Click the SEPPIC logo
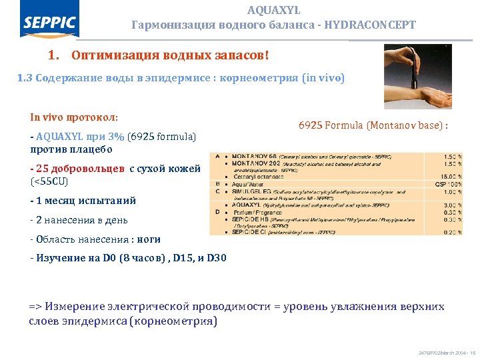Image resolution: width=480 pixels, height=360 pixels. (x=50, y=24)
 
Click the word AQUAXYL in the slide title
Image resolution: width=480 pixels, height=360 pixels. (x=273, y=11)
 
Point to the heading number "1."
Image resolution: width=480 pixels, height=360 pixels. (x=55, y=54)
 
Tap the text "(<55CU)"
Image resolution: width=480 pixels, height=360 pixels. (x=50, y=181)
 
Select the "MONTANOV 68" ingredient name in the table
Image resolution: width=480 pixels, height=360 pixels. (x=249, y=157)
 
